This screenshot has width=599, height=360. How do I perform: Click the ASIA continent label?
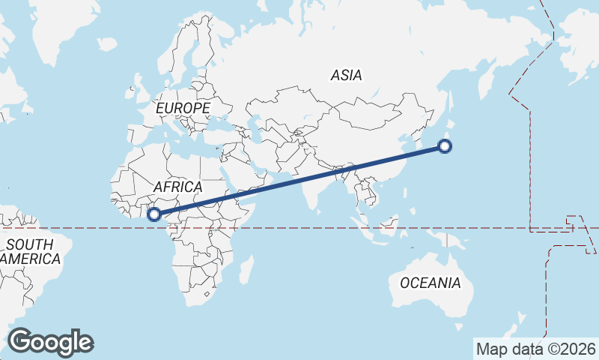click(346, 75)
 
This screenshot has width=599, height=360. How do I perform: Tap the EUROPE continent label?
click(183, 108)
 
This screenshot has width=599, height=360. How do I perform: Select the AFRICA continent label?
click(177, 186)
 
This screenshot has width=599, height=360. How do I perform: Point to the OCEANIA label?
click(430, 283)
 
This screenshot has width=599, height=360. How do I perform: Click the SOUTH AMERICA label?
click(30, 251)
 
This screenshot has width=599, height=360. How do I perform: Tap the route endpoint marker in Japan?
click(445, 146)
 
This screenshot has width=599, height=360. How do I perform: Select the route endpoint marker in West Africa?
click(154, 214)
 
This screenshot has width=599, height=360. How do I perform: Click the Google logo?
click(51, 342)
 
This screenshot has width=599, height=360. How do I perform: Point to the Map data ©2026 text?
click(535, 349)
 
